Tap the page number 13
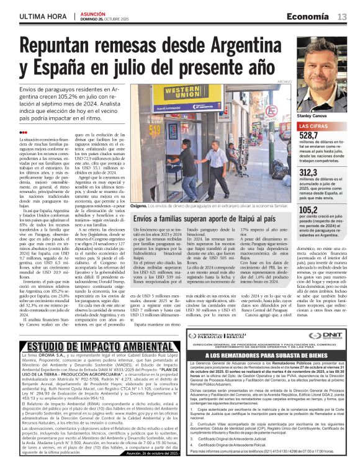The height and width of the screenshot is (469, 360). point(342,16)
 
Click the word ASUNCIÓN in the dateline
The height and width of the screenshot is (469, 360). point(94,12)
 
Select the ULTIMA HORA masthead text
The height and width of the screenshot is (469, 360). point(42,16)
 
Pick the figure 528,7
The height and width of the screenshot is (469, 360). point(309,135)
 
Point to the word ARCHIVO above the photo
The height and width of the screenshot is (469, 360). point(284,81)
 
